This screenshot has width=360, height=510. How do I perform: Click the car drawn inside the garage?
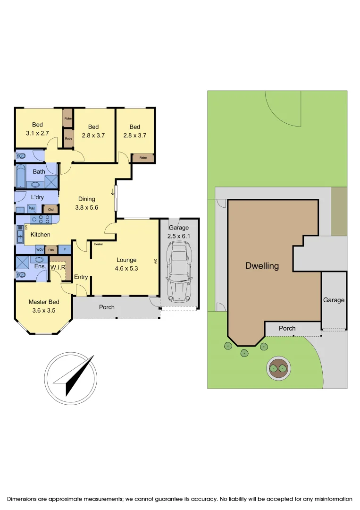pos(178,272)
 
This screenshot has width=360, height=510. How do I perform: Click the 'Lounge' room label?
pos(126,260)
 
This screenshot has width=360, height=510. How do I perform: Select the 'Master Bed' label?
pos(44,302)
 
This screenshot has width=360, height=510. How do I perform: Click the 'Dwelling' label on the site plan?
pos(262,266)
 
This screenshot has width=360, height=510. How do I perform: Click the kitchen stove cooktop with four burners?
pos(41,219)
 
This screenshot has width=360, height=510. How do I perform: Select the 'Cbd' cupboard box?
pos(50,209)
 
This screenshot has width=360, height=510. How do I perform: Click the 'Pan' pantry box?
pos(51,249)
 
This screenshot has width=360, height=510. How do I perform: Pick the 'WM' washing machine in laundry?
pos(32,208)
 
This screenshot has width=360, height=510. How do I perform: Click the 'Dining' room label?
pos(87,199)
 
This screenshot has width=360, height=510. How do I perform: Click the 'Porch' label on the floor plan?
pos(107,307)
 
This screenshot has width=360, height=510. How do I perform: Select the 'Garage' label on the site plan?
pos(334,300)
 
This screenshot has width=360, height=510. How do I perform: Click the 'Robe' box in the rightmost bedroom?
pos(143,158)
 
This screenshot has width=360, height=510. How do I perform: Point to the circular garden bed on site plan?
pos(277,368)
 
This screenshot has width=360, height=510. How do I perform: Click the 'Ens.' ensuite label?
pos(40,266)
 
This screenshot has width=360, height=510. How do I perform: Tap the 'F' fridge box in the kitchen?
pos(65,249)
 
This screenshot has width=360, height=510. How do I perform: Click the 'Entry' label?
pos(81,277)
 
